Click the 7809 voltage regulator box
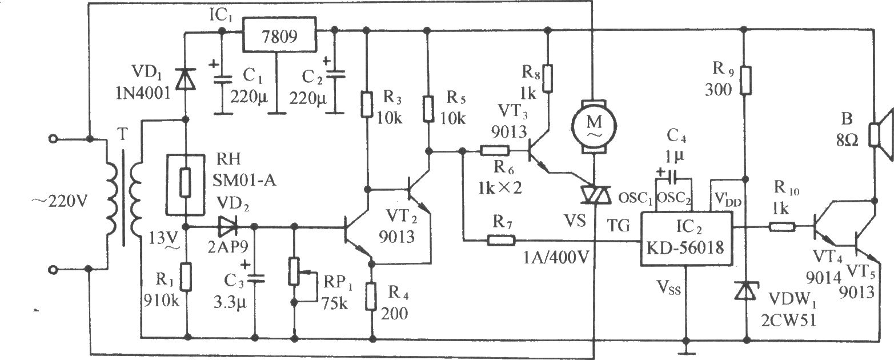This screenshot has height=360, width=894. point(280,34)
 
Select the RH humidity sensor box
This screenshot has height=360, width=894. point(185,183)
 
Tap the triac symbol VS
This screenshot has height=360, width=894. point(595,195)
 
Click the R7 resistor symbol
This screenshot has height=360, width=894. point(501,240)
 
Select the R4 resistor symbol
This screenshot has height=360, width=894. point(372,296)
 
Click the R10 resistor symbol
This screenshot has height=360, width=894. point(782,227)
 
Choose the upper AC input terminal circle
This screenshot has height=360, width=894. point(53,139)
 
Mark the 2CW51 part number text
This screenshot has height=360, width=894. point(789,321)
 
